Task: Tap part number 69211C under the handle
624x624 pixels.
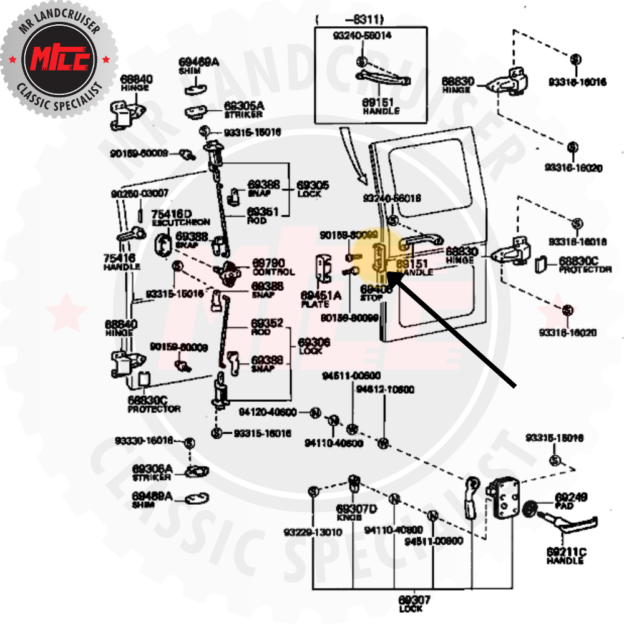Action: [x=566, y=552]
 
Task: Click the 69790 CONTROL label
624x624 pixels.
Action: [x=273, y=268]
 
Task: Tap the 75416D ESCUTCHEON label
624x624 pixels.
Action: [x=172, y=217]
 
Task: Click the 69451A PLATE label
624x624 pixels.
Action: [x=320, y=299]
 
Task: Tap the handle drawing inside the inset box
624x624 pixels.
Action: [x=382, y=79]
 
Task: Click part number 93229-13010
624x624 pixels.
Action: [x=312, y=532]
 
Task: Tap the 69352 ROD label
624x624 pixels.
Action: [x=267, y=326]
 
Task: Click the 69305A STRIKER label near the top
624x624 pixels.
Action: [x=243, y=110]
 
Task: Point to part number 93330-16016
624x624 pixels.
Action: [x=144, y=441]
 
